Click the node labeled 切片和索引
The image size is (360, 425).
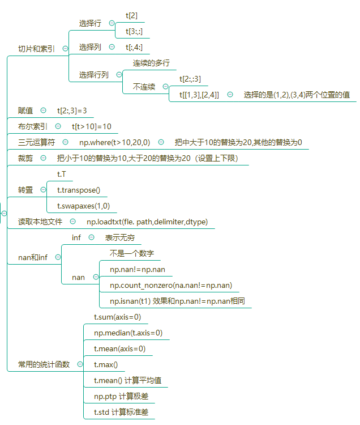coord(36,49)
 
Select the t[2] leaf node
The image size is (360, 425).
coord(131,15)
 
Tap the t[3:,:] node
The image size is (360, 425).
coord(134,31)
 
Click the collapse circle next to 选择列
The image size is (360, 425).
coord(112,47)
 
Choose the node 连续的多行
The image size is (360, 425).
coord(151,63)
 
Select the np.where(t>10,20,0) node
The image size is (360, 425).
coord(114,142)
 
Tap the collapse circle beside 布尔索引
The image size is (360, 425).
coord(58,126)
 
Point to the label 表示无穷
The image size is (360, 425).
coord(120,237)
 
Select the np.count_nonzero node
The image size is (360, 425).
coord(171,285)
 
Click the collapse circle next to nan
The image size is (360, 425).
coord(96,277)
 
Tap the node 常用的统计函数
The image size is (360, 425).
coord(44,364)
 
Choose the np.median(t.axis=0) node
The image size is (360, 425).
coord(128,333)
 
